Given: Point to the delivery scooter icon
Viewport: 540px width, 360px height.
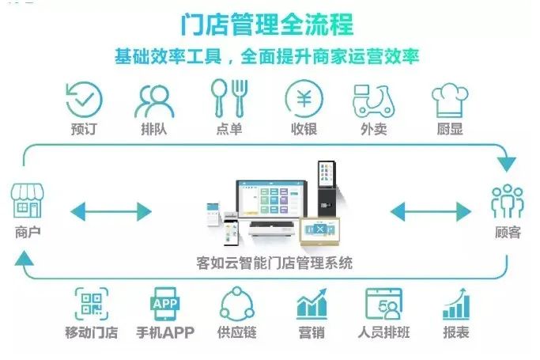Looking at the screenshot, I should click(373, 100).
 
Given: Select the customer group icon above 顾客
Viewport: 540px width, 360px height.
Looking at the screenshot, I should click(507, 202).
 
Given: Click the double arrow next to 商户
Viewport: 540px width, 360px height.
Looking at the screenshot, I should click(111, 211).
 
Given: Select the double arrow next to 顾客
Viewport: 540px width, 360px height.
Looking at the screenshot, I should click(430, 211).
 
